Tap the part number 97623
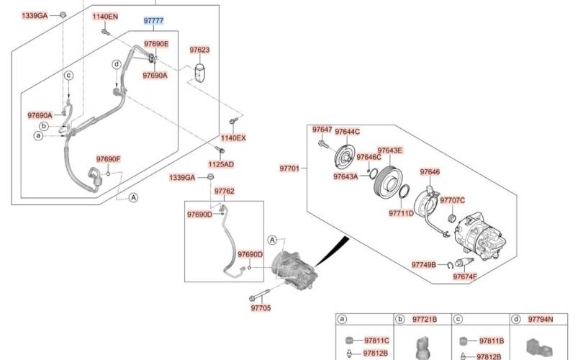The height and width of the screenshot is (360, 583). (x=199, y=50)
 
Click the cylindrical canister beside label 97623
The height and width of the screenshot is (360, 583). (x=201, y=72)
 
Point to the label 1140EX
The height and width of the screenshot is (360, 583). (x=232, y=137)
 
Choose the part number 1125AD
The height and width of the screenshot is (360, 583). (x=221, y=164)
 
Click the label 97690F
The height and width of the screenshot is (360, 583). (x=109, y=159)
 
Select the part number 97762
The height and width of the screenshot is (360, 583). (x=224, y=191)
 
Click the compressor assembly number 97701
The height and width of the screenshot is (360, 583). (x=289, y=168)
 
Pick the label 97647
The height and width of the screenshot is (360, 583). (x=322, y=130)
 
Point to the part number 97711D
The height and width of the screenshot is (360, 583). (x=401, y=213)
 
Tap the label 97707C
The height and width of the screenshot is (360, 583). (x=452, y=200)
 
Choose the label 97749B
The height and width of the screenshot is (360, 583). (x=424, y=265)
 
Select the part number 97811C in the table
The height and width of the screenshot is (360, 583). (x=376, y=340)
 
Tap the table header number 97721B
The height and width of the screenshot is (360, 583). (x=425, y=318)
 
